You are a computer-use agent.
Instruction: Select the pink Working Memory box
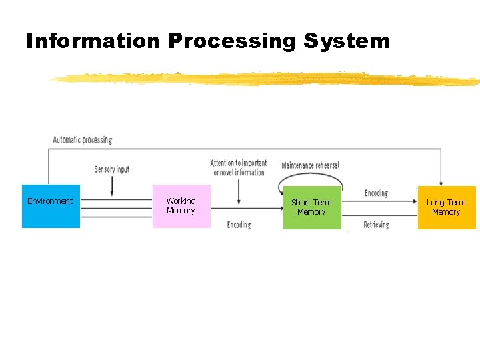[181, 215]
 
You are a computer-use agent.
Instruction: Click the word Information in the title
[93, 41]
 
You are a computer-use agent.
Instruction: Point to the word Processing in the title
[232, 41]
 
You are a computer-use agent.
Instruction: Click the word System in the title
[347, 41]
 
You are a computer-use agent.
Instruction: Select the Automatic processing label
[83, 140]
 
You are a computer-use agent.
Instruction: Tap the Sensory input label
[111, 169]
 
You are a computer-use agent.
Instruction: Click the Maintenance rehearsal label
[310, 165]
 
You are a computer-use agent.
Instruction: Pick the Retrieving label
[376, 225]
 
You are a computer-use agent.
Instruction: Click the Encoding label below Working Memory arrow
[239, 225]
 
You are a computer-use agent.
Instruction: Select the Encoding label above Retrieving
[376, 193]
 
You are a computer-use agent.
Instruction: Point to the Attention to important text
[239, 163]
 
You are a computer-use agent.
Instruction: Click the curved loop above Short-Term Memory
[310, 174]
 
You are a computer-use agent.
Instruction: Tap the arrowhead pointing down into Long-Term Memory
[441, 182]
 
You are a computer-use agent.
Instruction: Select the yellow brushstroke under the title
[267, 79]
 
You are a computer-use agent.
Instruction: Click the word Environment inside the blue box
[50, 201]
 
